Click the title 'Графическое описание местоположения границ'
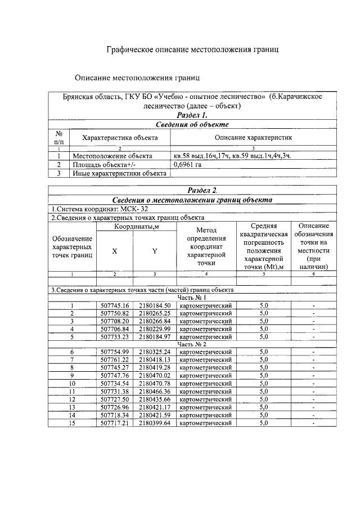193,50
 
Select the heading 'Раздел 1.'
192,115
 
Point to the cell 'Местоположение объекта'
112,156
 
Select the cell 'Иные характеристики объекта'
119,173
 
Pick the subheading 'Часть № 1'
192,297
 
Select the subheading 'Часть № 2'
192,343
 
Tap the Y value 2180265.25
154,313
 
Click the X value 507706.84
115,328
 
